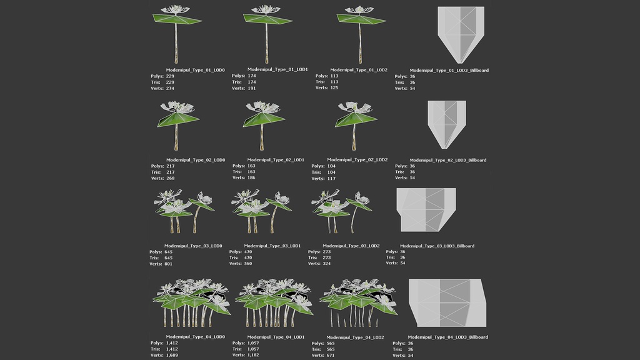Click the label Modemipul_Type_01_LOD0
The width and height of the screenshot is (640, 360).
[x=196, y=70]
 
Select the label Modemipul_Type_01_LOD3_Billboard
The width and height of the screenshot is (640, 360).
[x=449, y=71]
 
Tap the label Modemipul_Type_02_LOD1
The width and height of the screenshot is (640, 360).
[x=276, y=160]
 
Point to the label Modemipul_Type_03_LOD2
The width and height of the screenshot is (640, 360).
[x=353, y=246]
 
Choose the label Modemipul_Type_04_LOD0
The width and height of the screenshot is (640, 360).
[x=194, y=337]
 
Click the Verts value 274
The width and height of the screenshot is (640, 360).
[x=170, y=88]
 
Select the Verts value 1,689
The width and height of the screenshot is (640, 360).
[x=172, y=355]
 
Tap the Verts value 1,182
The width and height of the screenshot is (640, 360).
[x=254, y=355]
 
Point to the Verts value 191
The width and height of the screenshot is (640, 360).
[x=252, y=88]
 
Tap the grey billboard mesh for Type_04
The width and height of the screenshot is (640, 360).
[x=447, y=302]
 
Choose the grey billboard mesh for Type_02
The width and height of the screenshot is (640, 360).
[x=446, y=123]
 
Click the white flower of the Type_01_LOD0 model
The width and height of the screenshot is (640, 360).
[x=175, y=11]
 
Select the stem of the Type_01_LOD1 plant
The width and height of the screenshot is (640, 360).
[x=267, y=44]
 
